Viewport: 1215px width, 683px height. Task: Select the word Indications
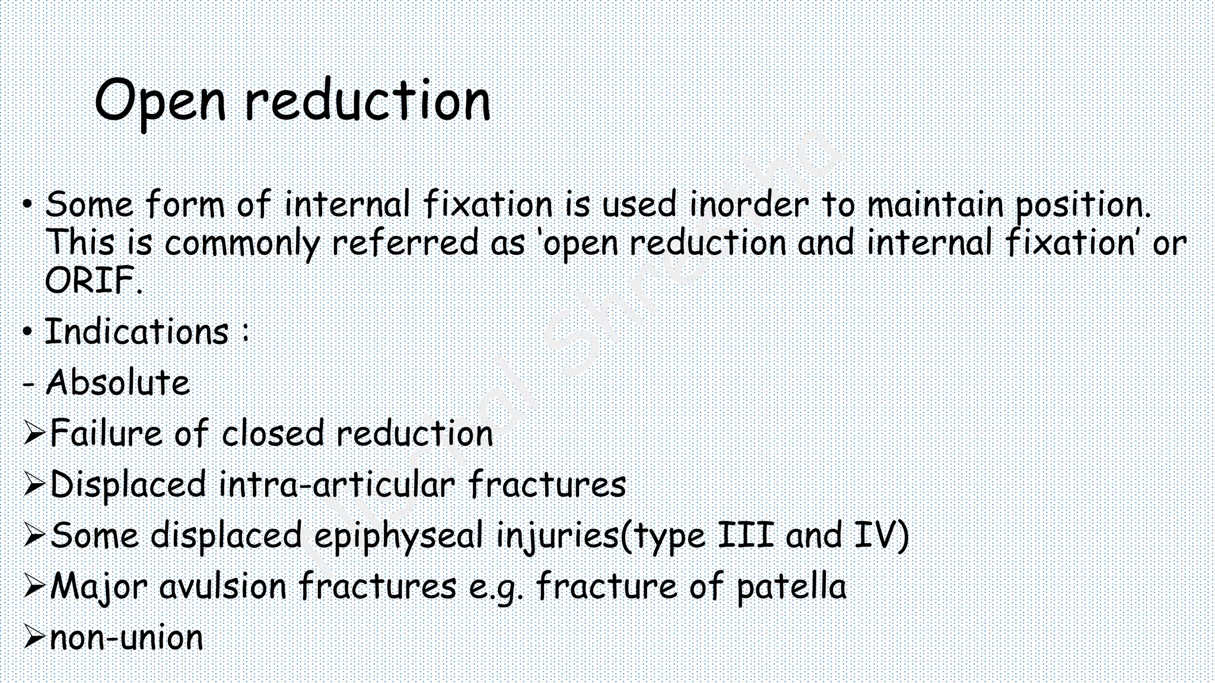[x=137, y=331]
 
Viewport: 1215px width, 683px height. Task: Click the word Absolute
[x=117, y=382]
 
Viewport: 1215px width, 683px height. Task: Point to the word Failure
[x=106, y=433]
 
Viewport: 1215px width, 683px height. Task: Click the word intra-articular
[x=336, y=484]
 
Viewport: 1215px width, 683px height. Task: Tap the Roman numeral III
[x=746, y=535]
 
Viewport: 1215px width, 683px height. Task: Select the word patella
[x=791, y=587]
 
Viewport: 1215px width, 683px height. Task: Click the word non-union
[x=126, y=638]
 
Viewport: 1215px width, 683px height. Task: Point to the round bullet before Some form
[x=27, y=205]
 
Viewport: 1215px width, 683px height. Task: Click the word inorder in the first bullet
[x=749, y=205]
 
